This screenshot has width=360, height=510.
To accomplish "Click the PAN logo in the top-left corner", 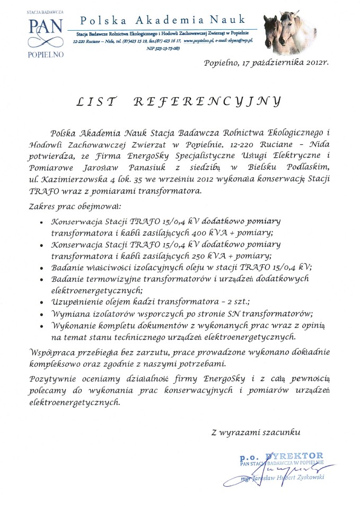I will pyautogui.click(x=45, y=31).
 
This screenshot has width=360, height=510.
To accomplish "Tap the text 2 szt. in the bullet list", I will pyautogui.click(x=236, y=301).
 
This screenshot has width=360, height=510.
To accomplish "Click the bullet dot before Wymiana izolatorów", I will pyautogui.click(x=42, y=314).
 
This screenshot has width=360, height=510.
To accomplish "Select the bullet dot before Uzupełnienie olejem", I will pyautogui.click(x=42, y=302).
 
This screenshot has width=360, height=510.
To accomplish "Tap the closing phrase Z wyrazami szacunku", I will pyautogui.click(x=256, y=433).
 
